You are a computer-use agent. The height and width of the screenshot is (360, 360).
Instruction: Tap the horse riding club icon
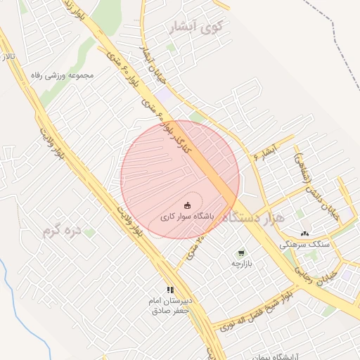point(187,205)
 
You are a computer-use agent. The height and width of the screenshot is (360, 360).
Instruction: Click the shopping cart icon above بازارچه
point(242,252)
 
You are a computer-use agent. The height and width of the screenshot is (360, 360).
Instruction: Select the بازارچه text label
point(242,264)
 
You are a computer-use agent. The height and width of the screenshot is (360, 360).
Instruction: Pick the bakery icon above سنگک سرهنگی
point(304,233)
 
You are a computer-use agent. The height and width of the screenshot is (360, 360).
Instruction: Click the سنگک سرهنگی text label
point(304,245)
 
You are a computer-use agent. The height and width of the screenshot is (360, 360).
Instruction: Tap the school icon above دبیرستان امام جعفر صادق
point(169,289)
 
